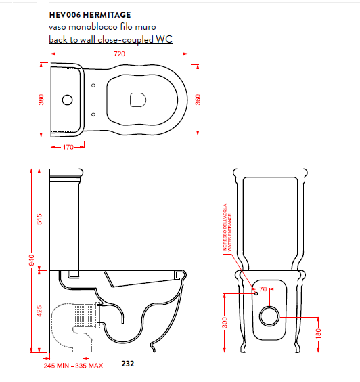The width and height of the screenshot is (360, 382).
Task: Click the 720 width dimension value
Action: [x=119, y=54]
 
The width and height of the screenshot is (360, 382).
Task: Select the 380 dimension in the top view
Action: [x=41, y=100]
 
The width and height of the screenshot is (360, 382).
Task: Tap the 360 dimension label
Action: [x=198, y=100]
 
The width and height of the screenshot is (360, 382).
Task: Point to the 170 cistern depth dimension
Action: [x=68, y=147]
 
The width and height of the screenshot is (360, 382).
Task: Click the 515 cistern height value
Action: [x=39, y=219]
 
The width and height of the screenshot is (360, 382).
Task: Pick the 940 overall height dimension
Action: [x=32, y=260]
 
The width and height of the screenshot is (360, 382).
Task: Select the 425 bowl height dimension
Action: [x=39, y=311]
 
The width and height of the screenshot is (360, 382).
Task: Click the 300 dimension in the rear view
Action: [x=225, y=322]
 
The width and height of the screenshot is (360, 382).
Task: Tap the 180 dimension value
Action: [x=318, y=334]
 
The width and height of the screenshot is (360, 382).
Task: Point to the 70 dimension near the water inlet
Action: [x=263, y=289]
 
